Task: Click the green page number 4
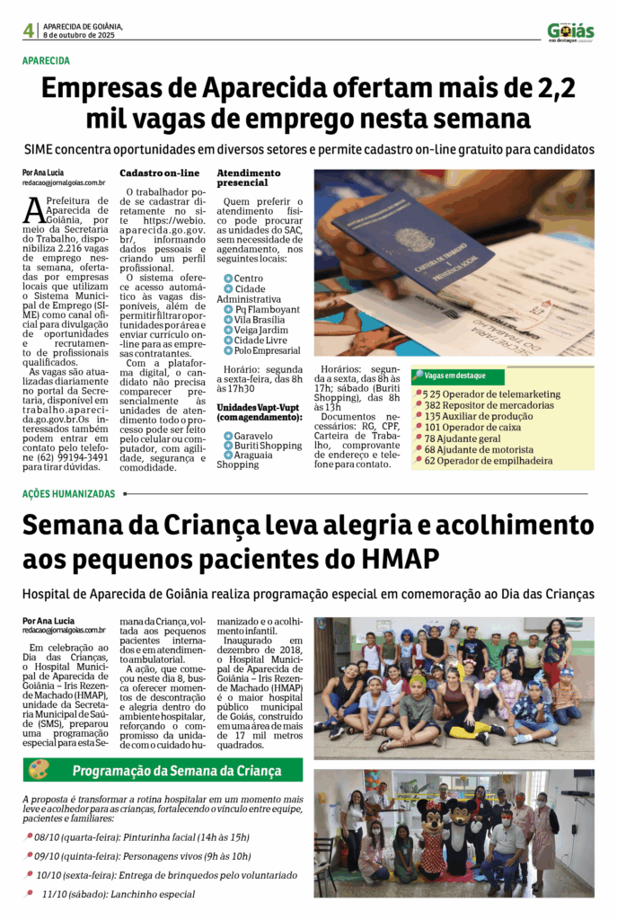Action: pyautogui.click(x=29, y=31)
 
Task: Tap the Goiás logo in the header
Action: pyautogui.click(x=570, y=31)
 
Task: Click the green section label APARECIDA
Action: pyautogui.click(x=46, y=61)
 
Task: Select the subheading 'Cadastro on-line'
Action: pyautogui.click(x=160, y=172)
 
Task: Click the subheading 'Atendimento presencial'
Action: pyautogui.click(x=249, y=177)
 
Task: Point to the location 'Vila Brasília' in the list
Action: pyautogui.click(x=260, y=319)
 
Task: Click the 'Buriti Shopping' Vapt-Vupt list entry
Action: pyautogui.click(x=268, y=446)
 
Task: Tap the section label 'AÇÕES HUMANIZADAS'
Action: pyautogui.click(x=69, y=494)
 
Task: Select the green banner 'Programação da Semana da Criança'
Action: pyautogui.click(x=176, y=771)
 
